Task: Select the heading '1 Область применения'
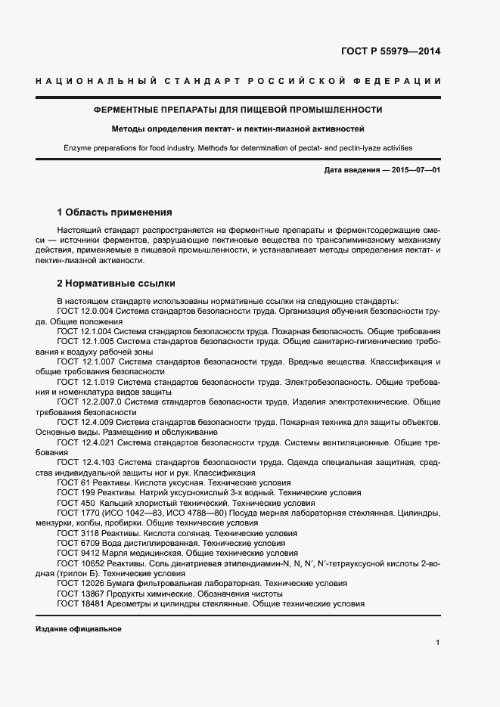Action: [115, 212]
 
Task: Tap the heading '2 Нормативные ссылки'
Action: [116, 284]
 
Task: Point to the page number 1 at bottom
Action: [438, 642]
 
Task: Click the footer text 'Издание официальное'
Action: [78, 629]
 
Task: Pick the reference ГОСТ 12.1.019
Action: [84, 382]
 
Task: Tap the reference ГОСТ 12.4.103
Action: [84, 462]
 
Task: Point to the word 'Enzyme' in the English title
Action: [79, 148]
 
